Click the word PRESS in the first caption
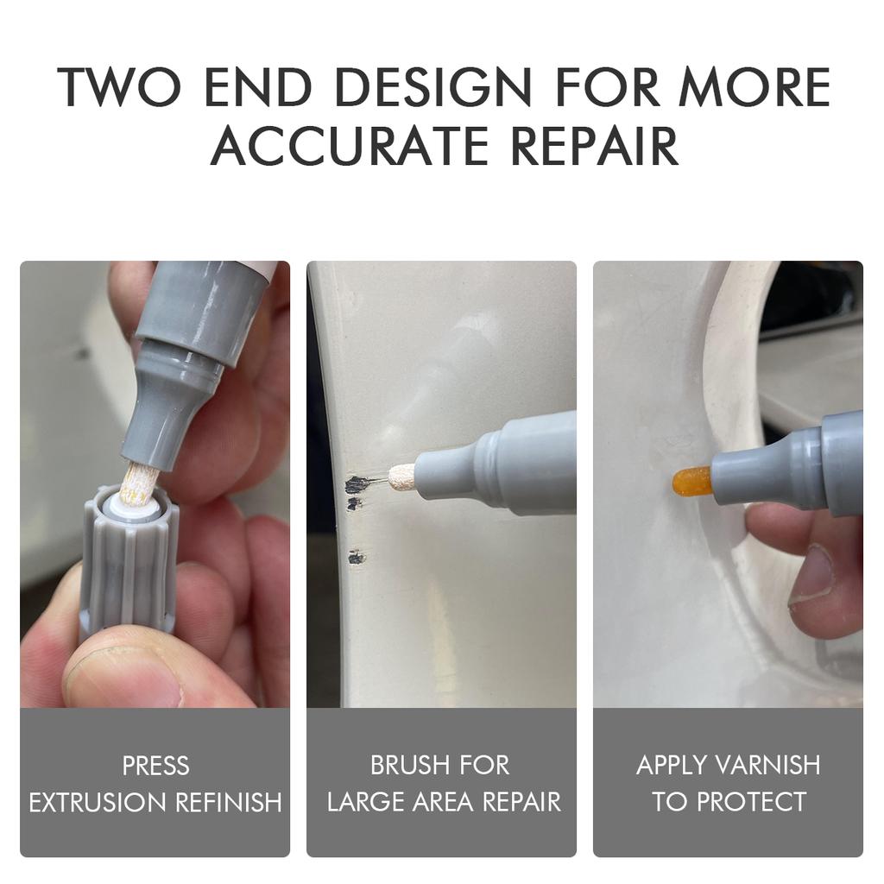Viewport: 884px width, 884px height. (155, 765)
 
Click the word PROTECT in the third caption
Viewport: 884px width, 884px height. (751, 802)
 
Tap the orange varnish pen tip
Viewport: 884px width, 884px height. (691, 480)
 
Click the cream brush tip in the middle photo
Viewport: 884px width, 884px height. (402, 477)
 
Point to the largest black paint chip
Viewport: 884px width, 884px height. (357, 484)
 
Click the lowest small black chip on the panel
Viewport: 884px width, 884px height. (355, 558)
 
